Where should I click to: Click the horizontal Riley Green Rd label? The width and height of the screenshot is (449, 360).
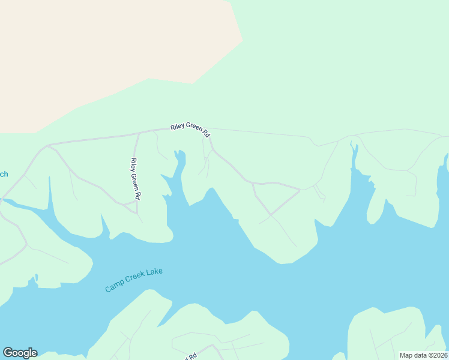tap(190, 128)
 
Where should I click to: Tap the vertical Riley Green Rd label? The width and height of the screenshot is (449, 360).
tap(135, 179)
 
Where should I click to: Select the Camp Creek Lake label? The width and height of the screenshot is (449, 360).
tap(134, 280)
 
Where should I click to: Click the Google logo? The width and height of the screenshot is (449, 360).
tap(20, 353)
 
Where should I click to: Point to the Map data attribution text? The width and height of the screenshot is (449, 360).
tap(423, 355)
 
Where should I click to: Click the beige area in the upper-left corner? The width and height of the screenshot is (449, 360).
tap(90, 54)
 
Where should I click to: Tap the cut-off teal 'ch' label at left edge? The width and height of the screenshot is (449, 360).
tap(3, 175)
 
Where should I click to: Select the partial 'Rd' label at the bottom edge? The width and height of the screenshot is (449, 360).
tap(191, 357)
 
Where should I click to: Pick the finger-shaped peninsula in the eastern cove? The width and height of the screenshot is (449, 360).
tap(376, 204)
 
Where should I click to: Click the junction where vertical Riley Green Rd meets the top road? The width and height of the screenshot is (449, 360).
tap(139, 133)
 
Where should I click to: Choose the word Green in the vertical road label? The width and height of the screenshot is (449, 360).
tap(135, 179)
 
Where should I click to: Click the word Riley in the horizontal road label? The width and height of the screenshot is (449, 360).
tap(177, 127)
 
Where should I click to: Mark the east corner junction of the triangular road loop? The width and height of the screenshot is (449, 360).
tap(300, 190)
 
